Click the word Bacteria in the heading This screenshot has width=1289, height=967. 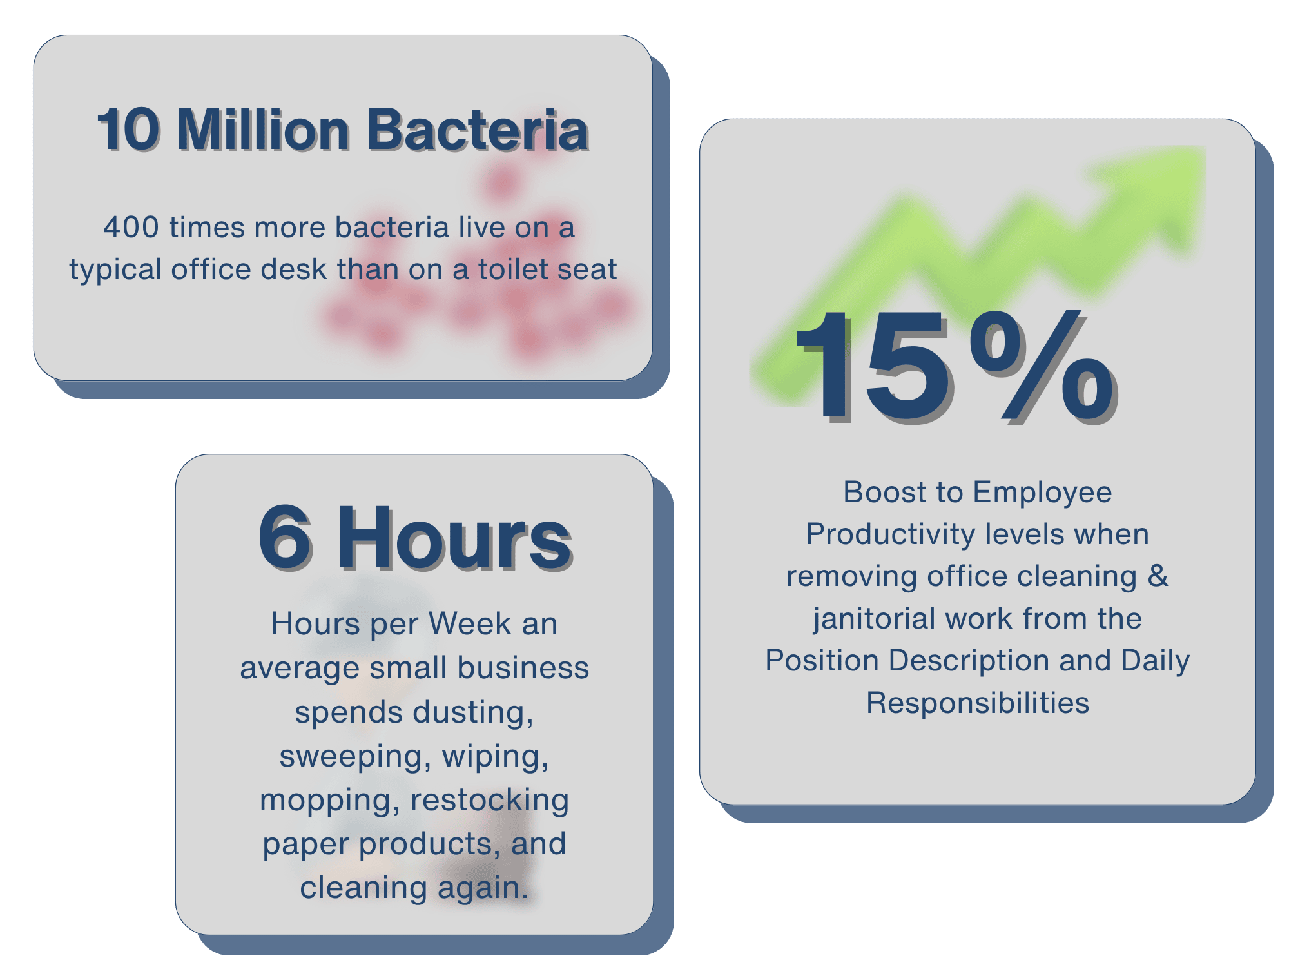pyautogui.click(x=477, y=130)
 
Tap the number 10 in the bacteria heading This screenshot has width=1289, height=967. pyautogui.click(x=128, y=130)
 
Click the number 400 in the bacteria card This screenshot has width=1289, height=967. pyautogui.click(x=131, y=228)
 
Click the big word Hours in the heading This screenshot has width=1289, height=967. pyautogui.click(x=454, y=538)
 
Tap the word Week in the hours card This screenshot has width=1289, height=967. pyautogui.click(x=470, y=624)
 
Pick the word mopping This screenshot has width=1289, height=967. pyautogui.click(x=330, y=801)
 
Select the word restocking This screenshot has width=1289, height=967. pyautogui.click(x=490, y=800)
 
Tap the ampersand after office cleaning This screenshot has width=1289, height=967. pyautogui.click(x=1158, y=576)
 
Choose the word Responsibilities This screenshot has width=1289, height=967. pyautogui.click(x=977, y=703)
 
